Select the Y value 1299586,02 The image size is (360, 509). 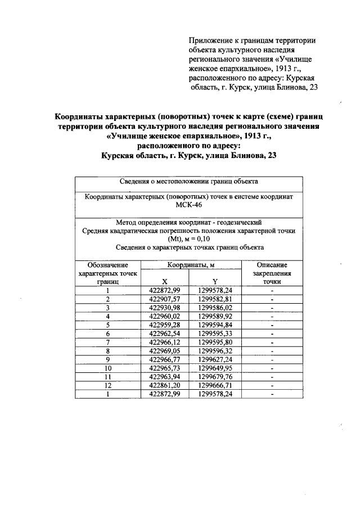click(215, 308)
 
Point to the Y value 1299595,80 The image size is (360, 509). click(215, 342)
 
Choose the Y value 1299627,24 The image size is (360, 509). click(215, 359)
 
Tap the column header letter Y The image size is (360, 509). click(215, 281)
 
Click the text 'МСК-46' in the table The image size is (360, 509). click(189, 206)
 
